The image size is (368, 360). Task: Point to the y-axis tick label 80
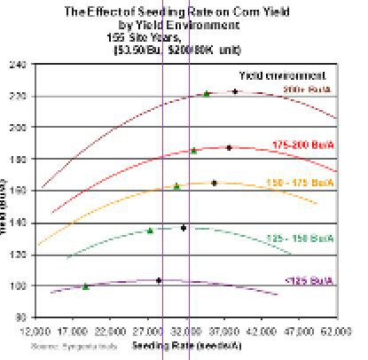click(18, 317)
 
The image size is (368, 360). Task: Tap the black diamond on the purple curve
click(159, 280)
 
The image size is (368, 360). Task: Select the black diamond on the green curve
click(184, 228)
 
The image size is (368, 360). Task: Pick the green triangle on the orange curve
click(176, 186)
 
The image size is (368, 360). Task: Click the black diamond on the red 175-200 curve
click(229, 147)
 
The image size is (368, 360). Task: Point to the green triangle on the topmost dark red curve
click(207, 93)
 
